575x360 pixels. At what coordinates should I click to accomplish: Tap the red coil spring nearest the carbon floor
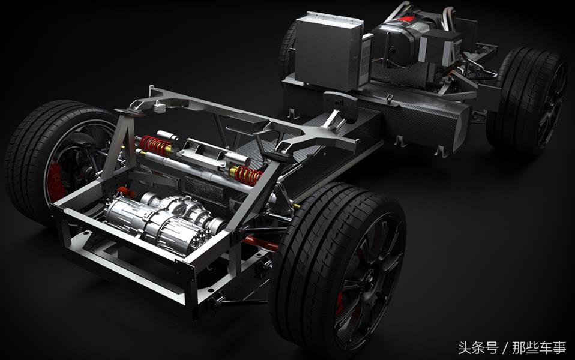[x=248, y=175]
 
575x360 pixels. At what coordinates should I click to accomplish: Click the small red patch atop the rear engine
[x=406, y=18]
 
